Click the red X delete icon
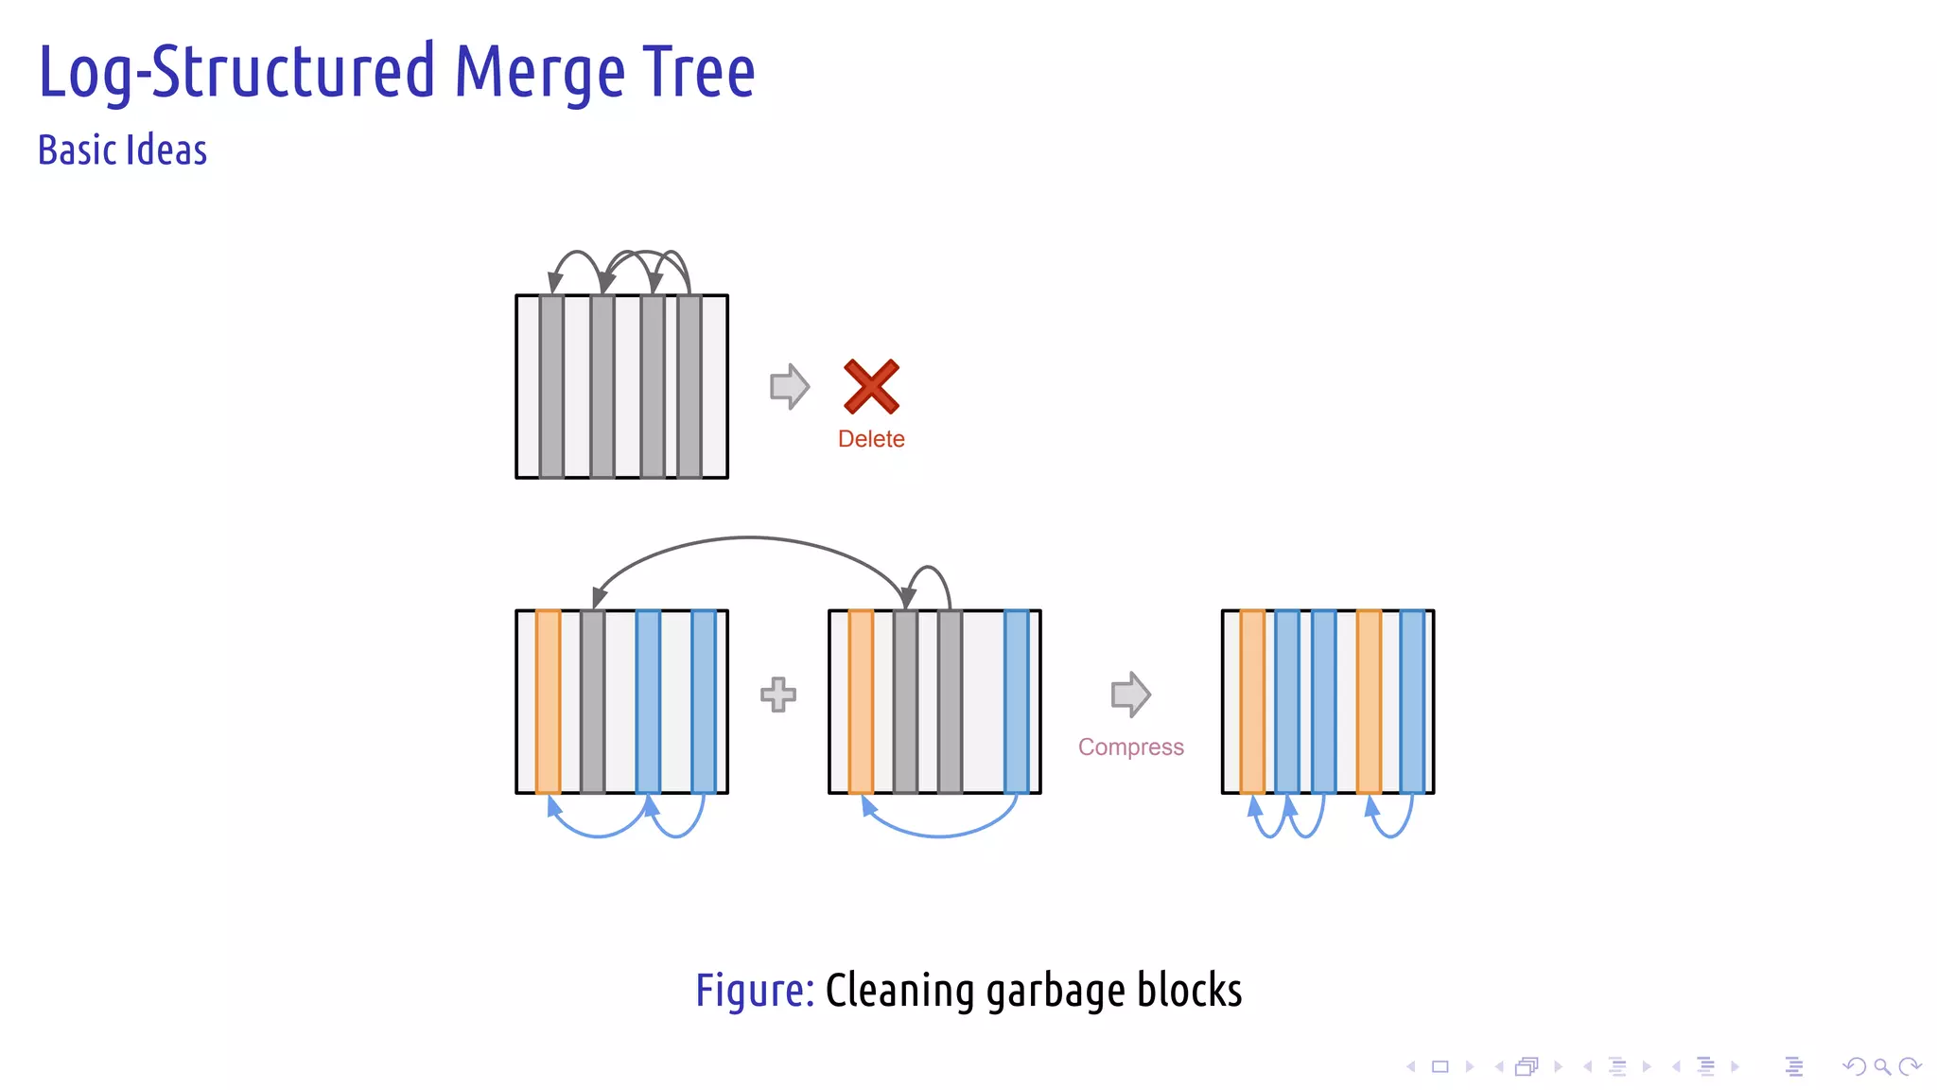871,386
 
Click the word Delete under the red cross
871,439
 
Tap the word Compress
1130,747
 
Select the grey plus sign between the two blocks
777,694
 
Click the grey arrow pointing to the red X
790,386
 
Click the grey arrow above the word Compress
1130,694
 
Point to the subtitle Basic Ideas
122,150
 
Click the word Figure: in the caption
754,991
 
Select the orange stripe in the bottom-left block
548,701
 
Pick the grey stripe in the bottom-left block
593,701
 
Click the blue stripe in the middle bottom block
1016,701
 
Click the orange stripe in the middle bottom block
861,701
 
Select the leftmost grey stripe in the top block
552,386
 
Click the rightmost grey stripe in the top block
689,386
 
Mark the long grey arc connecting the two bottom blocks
749,538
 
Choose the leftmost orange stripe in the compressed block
1252,701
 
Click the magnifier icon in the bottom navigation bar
1882,1066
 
